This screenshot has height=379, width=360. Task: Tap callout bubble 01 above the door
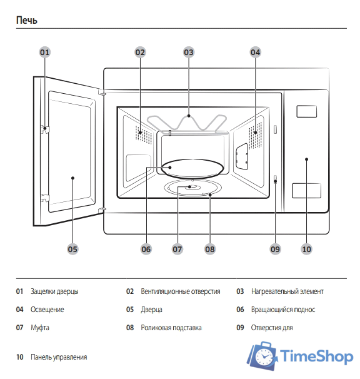(44, 53)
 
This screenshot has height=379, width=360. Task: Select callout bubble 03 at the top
(189, 53)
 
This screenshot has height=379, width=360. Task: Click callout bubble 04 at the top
(255, 53)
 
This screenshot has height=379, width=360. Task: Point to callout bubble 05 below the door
(72, 249)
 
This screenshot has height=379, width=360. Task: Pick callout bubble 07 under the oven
(177, 249)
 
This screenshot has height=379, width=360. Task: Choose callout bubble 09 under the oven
(276, 249)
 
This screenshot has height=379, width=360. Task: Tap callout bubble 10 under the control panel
(306, 249)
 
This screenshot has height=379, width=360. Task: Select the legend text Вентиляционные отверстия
(180, 291)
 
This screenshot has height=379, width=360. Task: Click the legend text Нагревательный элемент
(287, 291)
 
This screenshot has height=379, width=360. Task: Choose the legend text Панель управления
(59, 357)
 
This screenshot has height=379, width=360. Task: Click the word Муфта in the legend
(39, 328)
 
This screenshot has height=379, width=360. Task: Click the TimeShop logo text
(316, 357)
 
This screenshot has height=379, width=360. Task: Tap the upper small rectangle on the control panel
(306, 111)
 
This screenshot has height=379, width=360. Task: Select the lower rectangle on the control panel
(306, 191)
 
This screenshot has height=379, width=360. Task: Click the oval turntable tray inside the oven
(192, 168)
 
